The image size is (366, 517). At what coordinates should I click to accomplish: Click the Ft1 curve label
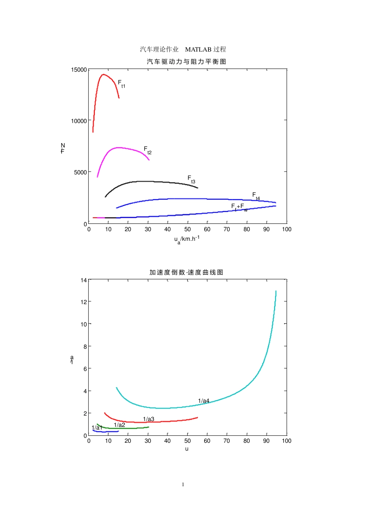121,84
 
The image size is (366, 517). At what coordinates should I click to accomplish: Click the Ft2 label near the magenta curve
148,150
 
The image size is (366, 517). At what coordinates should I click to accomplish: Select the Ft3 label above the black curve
191,179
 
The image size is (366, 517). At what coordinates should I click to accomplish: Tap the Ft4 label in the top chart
256,196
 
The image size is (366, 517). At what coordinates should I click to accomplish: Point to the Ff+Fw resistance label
239,207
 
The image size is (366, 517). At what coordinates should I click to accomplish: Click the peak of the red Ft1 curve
103,75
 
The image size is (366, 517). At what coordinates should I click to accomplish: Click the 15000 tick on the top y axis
79,70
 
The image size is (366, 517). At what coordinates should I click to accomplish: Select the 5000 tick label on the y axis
81,172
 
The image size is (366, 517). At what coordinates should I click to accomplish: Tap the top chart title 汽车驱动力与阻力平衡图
186,62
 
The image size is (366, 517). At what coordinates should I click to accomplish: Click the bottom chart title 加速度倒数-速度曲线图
186,272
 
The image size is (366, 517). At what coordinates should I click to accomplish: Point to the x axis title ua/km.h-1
187,239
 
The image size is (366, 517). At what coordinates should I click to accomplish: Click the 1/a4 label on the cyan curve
203,401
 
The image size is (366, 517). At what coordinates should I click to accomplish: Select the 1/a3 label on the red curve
148,419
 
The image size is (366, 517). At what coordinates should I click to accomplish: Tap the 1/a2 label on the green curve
119,425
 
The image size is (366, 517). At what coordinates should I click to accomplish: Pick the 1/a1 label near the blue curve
97,428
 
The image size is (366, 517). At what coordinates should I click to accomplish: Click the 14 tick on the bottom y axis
84,280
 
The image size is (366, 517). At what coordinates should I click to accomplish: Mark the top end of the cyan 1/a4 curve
276,291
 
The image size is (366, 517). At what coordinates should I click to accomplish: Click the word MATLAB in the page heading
198,49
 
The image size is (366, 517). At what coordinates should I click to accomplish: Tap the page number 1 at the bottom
183,484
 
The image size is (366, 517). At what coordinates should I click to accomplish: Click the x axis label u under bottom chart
187,449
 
